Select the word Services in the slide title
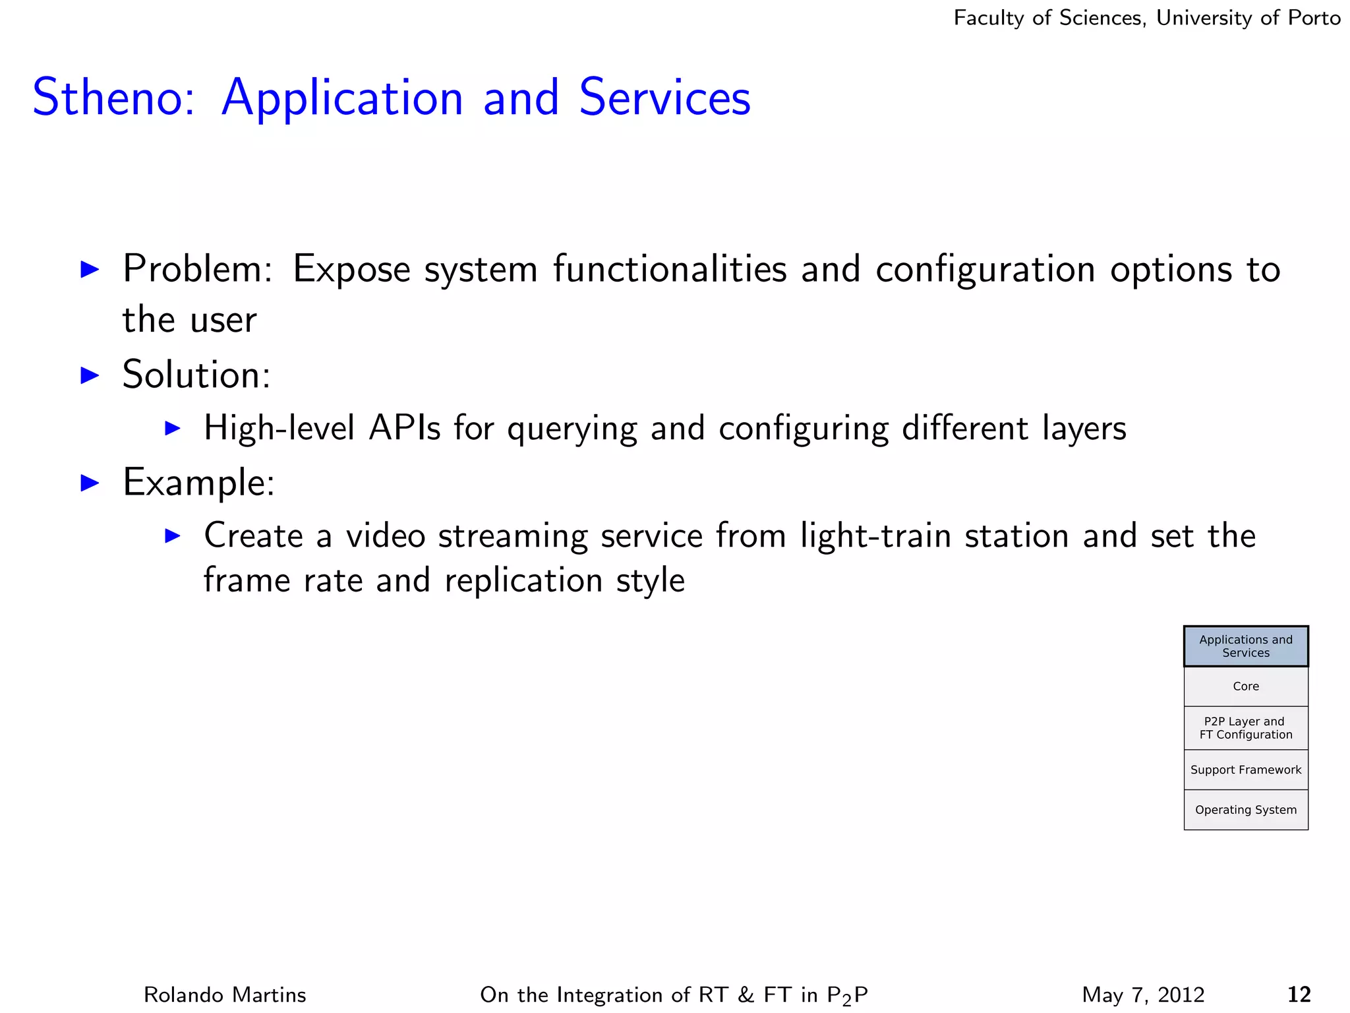[x=664, y=98]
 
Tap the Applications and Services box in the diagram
[x=1245, y=646]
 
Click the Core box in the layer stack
[x=1245, y=687]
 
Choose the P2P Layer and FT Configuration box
[x=1245, y=728]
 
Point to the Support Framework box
[x=1245, y=770]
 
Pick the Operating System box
[x=1245, y=810]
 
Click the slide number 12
[x=1299, y=994]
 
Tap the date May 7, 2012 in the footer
[x=1143, y=995]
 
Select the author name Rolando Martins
[x=225, y=995]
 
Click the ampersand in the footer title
[x=746, y=995]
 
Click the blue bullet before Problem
[x=89, y=269]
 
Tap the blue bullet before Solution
[x=89, y=375]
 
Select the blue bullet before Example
[x=89, y=483]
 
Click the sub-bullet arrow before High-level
[x=172, y=428]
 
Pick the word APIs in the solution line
[x=404, y=428]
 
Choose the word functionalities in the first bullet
[x=670, y=269]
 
